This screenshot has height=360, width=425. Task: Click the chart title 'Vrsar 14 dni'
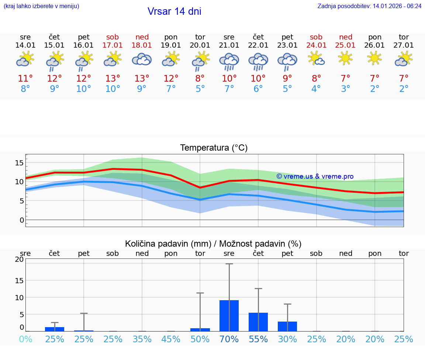174,11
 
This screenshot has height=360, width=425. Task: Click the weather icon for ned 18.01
142,59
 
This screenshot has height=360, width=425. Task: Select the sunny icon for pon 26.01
375,58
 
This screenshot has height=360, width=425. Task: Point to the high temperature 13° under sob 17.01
113,78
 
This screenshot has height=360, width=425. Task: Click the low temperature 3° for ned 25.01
346,89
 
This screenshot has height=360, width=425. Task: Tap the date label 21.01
229,45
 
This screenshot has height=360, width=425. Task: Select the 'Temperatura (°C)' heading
214,148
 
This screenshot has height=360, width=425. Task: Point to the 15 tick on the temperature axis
20,163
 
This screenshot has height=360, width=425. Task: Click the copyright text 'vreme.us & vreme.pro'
315,176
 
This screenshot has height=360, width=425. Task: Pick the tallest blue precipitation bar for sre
229,316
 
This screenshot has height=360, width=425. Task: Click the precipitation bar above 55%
258,322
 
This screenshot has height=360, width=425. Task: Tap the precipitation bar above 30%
287,326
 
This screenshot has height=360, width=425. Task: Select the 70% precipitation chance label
229,339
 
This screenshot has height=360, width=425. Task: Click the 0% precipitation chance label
25,339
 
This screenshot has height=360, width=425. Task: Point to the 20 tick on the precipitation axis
19,260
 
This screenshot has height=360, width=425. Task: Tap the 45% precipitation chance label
171,339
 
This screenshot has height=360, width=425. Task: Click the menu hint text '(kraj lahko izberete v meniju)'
41,6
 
